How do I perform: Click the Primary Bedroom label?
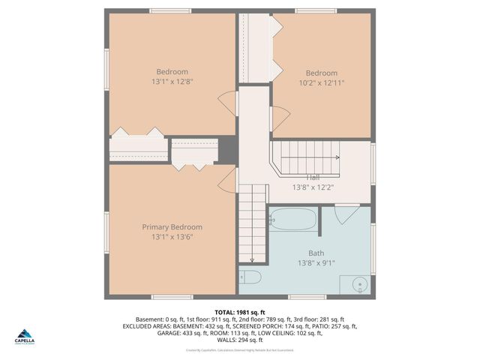(x=172, y=226)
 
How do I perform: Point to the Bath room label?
(x=316, y=253)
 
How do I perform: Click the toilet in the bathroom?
(x=250, y=277)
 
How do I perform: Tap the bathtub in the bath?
(x=293, y=219)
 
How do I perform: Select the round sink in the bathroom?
(x=359, y=285)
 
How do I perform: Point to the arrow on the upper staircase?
(x=336, y=157)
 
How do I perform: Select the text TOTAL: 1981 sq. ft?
(x=240, y=312)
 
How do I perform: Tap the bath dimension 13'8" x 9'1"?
(x=316, y=263)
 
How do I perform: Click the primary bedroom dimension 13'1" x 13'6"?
(x=172, y=237)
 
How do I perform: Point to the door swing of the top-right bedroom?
(x=280, y=116)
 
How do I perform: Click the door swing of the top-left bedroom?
(x=227, y=103)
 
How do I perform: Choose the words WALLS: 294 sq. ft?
(x=240, y=340)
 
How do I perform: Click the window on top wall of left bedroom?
(x=170, y=10)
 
